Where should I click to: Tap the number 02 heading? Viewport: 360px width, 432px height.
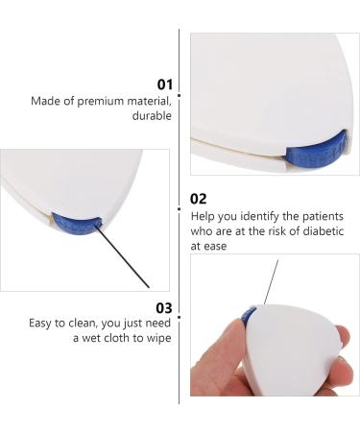pos(200,199)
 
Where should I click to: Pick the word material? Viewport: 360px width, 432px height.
pos(149,100)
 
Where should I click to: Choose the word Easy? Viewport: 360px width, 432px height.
pos(43,324)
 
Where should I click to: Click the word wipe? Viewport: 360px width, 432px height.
pos(157,340)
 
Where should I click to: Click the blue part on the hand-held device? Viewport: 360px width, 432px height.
pos(249,316)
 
